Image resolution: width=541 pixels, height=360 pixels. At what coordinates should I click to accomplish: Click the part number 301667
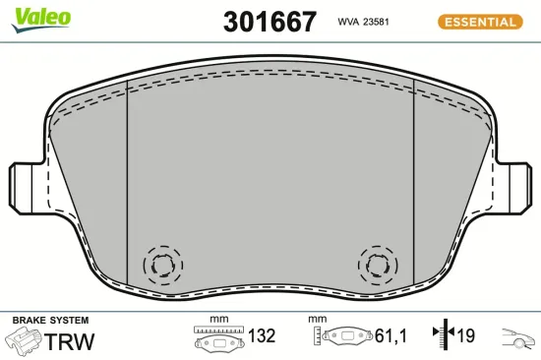tap(270, 21)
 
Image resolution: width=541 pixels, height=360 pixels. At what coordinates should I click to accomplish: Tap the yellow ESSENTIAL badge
tap(480, 22)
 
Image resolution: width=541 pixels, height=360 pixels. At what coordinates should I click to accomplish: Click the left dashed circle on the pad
tap(163, 265)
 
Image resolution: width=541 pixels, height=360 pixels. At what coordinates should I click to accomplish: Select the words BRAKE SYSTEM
tap(50, 321)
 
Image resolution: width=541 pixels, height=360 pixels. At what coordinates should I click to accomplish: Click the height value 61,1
tap(391, 336)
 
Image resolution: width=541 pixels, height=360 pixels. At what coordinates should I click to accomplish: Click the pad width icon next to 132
tap(217, 337)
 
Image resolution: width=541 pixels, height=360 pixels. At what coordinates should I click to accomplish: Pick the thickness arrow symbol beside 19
tap(440, 336)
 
